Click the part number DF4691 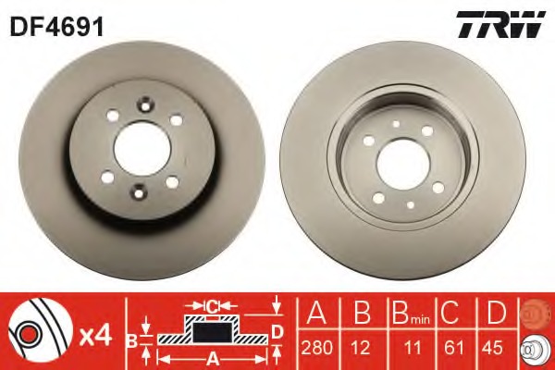56,27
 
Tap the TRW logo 500,24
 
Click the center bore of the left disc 142,148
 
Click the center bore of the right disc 403,164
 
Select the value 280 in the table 316,348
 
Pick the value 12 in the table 361,348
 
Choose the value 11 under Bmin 413,348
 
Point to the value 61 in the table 454,348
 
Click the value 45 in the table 492,348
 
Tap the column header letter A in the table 316,313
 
